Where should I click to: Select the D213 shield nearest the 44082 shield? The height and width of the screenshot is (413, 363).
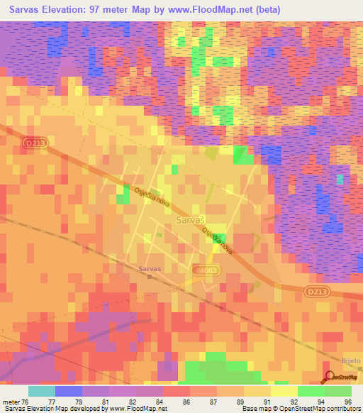point(317,291)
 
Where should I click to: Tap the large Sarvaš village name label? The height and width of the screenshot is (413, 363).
point(190,221)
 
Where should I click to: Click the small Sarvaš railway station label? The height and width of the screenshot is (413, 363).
point(150,269)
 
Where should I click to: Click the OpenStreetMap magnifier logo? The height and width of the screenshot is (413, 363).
point(329,377)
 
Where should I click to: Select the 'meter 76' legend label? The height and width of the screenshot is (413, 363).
point(14,401)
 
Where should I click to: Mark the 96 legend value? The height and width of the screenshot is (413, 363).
point(347,401)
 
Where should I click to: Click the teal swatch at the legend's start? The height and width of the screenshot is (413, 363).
point(41,391)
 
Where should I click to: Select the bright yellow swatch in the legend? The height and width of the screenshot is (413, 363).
point(284,391)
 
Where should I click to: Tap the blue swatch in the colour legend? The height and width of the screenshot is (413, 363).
point(68,391)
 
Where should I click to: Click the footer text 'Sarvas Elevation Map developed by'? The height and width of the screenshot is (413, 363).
point(45,409)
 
